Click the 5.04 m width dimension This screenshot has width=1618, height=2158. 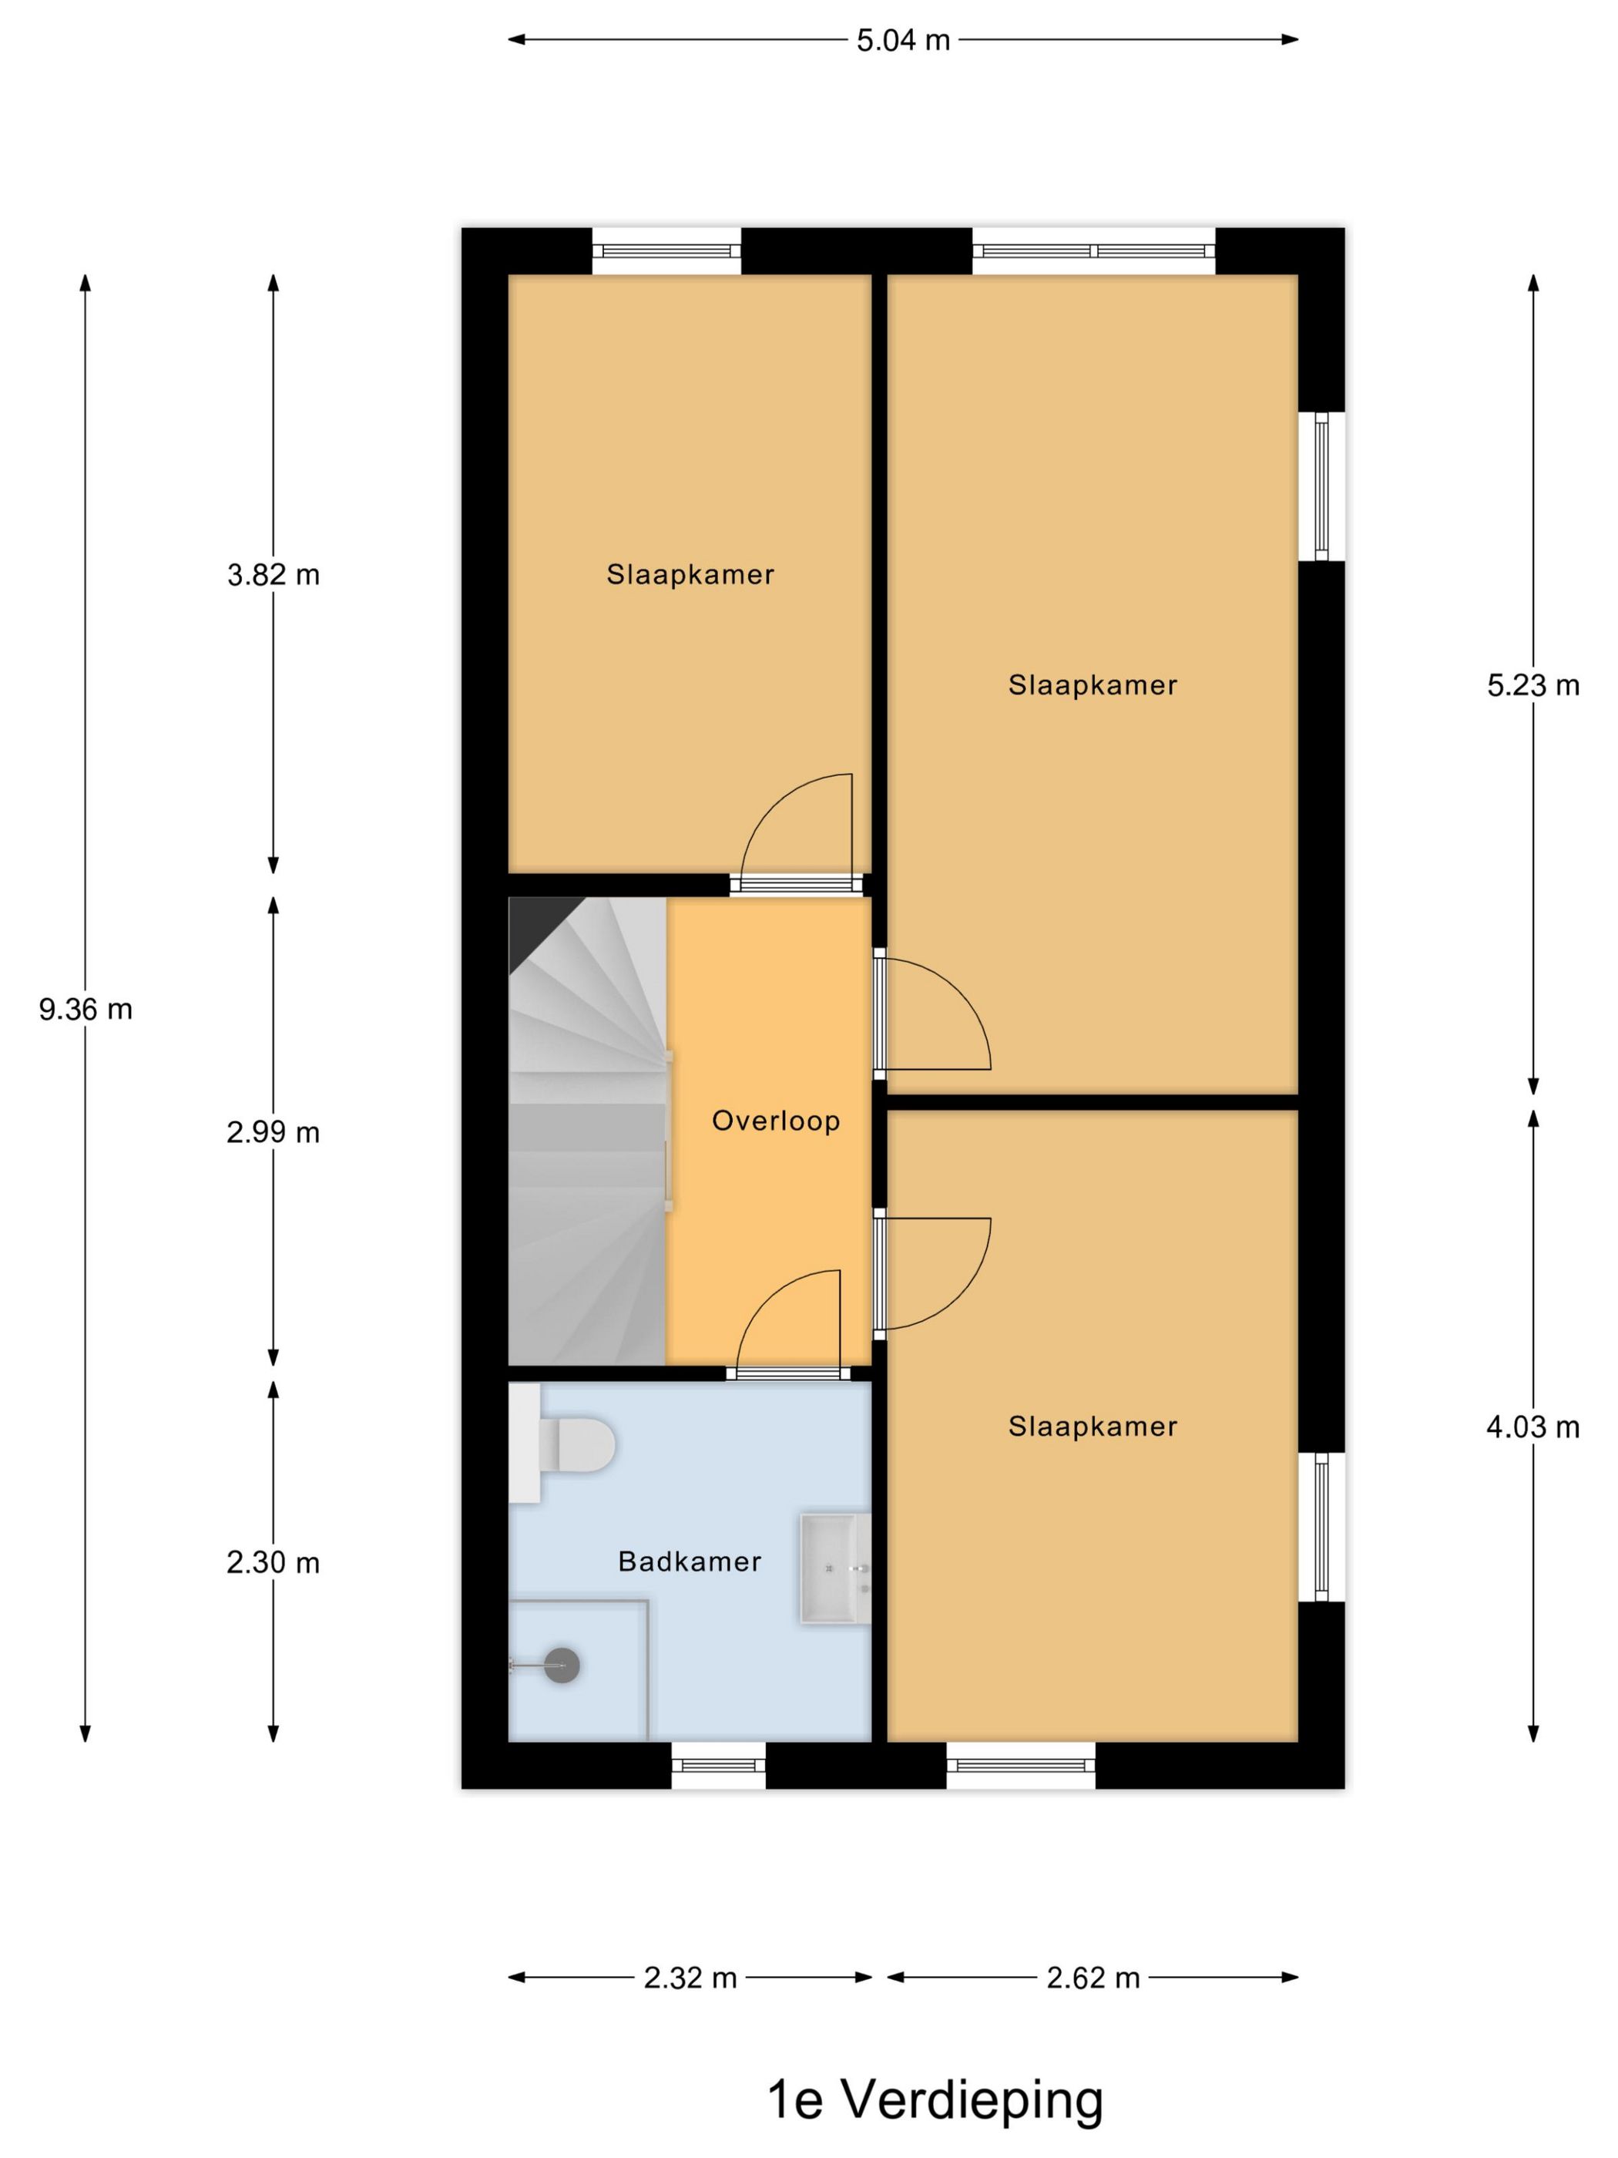pos(902,41)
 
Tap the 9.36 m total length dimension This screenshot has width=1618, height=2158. pos(86,1009)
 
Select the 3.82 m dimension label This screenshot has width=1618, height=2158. pos(273,575)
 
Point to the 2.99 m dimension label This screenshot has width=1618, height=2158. pos(273,1131)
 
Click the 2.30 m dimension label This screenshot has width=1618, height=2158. pos(273,1562)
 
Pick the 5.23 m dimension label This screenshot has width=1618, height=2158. pos(1532,685)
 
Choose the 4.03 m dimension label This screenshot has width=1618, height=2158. pos(1532,1427)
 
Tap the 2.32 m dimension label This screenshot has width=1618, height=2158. pos(690,1978)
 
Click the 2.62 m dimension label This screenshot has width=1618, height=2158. pos(1093,1978)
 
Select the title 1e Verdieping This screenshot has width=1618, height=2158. pos(935,2099)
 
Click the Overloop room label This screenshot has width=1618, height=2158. pos(775,1120)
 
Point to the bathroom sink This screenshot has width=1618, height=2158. pos(834,1568)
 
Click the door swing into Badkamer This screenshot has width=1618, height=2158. pos(788,1322)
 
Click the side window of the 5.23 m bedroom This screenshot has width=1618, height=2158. pos(1321,486)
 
